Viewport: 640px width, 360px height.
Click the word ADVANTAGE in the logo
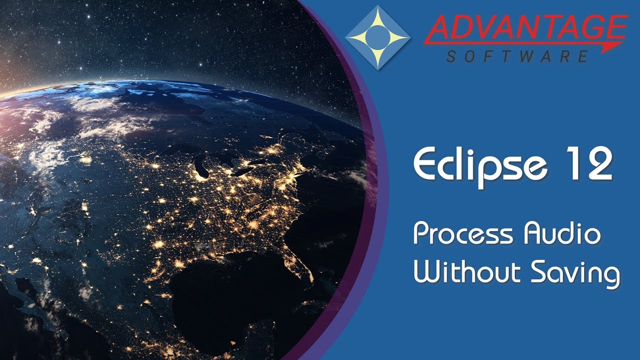pos(525,29)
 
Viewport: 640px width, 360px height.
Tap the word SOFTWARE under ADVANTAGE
pos(517,56)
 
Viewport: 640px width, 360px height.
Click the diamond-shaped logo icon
pos(377,37)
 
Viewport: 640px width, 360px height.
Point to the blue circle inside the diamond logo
pos(377,37)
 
